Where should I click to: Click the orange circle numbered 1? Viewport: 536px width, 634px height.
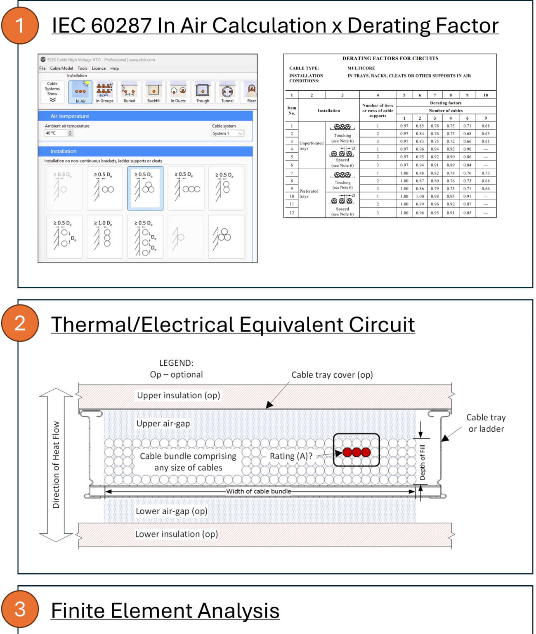(20, 26)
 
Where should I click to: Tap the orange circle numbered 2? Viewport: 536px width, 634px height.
(20, 323)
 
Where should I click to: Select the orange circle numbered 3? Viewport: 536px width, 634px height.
(20, 609)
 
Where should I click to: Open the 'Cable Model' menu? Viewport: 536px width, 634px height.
(61, 69)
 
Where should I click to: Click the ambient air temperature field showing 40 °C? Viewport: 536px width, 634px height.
(57, 133)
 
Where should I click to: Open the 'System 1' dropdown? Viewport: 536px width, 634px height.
(228, 133)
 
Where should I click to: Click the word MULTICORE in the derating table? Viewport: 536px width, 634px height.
(361, 68)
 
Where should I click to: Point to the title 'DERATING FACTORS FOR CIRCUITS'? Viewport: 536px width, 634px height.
(390, 59)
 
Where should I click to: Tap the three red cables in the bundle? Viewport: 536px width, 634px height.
(357, 452)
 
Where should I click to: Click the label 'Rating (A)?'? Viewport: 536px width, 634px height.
(291, 456)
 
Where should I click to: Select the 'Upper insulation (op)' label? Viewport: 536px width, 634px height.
(178, 395)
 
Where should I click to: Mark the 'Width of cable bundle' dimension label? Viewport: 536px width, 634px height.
(259, 491)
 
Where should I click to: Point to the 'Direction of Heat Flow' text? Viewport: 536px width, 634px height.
(56, 464)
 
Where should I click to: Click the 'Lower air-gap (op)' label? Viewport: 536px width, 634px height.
(171, 511)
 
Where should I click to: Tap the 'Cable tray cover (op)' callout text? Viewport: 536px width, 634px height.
(332, 375)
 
